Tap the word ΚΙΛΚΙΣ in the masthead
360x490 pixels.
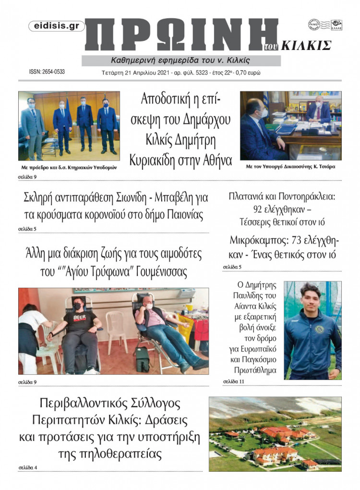coord(306,46)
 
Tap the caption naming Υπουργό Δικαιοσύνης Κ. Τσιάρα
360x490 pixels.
coord(290,167)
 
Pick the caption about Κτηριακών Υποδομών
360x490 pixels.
coord(69,167)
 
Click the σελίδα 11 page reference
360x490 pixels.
coord(234,381)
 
